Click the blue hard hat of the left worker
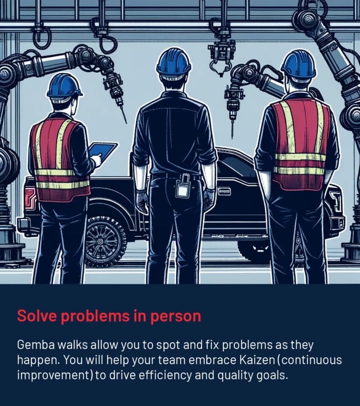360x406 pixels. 64,86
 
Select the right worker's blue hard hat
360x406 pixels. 298,64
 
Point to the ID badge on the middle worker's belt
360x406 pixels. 183,189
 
